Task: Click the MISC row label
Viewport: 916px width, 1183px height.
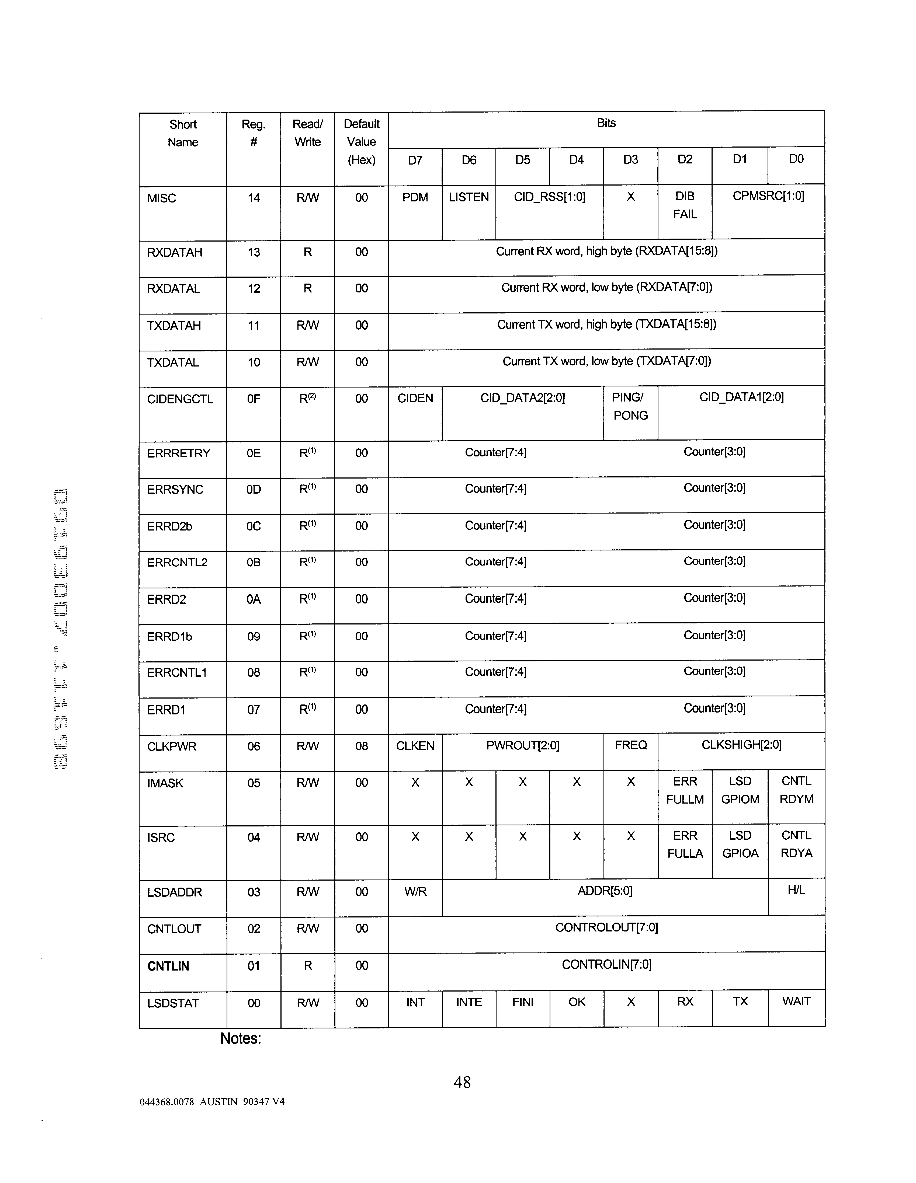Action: point(162,198)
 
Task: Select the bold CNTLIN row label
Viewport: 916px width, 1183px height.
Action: point(168,966)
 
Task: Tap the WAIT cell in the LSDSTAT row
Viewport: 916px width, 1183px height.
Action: point(796,1001)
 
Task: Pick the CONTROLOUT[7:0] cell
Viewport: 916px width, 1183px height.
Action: point(606,928)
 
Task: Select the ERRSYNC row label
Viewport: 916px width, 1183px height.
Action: point(175,490)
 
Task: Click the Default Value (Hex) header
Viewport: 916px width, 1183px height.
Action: point(362,142)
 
